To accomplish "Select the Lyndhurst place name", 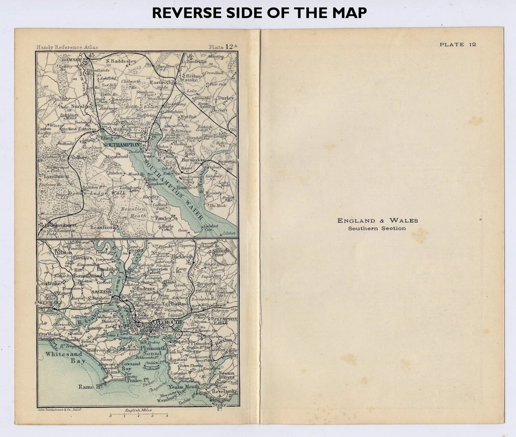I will tap(55, 176).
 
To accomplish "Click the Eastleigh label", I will tap(161, 83).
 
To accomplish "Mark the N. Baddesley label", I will tap(122, 61).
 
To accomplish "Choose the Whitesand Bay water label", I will tap(64, 358).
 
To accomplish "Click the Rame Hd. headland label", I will tap(89, 386).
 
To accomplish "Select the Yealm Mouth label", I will tap(183, 386).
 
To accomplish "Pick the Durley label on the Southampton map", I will tap(225, 98).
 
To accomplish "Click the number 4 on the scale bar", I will tap(167, 416).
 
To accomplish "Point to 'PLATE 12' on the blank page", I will tap(457, 45).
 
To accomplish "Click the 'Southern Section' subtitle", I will tap(377, 229).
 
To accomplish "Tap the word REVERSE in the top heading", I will tap(183, 13).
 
